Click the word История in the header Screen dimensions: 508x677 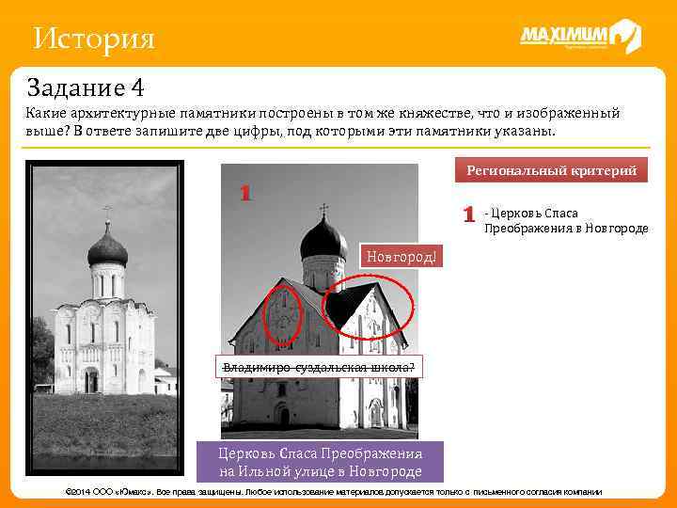click(92, 40)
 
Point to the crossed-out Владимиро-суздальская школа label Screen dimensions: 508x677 click(320, 367)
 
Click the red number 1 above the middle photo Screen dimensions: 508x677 click(244, 194)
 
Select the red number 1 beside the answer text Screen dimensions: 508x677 click(468, 214)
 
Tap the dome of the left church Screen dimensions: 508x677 click(106, 248)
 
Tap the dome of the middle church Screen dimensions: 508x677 click(323, 240)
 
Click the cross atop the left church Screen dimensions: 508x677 click(106, 213)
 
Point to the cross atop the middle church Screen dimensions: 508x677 click(323, 209)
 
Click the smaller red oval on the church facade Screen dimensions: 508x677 click(281, 314)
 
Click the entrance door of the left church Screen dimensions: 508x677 click(91, 381)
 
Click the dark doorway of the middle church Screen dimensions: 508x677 click(284, 415)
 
